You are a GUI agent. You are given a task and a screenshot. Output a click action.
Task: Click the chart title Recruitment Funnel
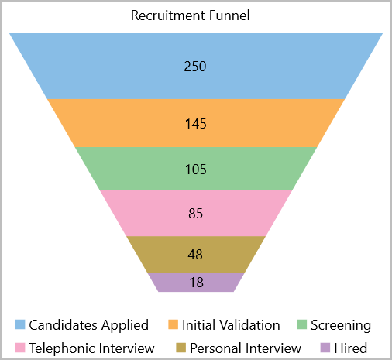click(x=191, y=15)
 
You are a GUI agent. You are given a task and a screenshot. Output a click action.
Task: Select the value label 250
click(x=195, y=67)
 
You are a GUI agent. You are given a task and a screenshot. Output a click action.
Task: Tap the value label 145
click(x=196, y=124)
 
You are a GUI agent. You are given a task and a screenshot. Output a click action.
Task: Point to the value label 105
click(x=196, y=170)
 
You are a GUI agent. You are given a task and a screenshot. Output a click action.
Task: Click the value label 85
click(x=195, y=214)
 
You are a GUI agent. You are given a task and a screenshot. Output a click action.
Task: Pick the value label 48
click(x=195, y=255)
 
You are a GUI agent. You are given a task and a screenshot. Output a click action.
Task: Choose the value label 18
click(x=197, y=283)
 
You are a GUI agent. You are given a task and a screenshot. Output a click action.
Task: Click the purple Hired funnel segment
click(x=196, y=283)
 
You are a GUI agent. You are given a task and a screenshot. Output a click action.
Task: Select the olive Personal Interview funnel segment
click(x=196, y=255)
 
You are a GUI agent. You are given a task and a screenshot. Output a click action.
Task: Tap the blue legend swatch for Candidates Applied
click(x=20, y=324)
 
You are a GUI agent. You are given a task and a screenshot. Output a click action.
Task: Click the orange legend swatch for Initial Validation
click(x=173, y=324)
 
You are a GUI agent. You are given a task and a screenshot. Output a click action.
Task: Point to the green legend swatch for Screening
click(x=302, y=324)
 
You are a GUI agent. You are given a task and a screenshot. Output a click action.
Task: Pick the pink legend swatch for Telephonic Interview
click(x=20, y=348)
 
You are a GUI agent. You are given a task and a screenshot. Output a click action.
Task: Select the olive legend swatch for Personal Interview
click(x=181, y=348)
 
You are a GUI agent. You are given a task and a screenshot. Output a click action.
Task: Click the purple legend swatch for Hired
click(x=325, y=348)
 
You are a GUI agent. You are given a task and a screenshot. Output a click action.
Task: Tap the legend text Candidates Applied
click(x=89, y=325)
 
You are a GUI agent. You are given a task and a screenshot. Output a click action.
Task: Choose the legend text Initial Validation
click(x=231, y=325)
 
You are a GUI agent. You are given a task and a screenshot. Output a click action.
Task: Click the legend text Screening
click(x=341, y=325)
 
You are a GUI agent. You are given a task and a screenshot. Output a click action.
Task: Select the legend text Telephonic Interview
click(x=92, y=348)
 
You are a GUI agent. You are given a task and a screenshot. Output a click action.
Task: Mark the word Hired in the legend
click(x=351, y=348)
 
